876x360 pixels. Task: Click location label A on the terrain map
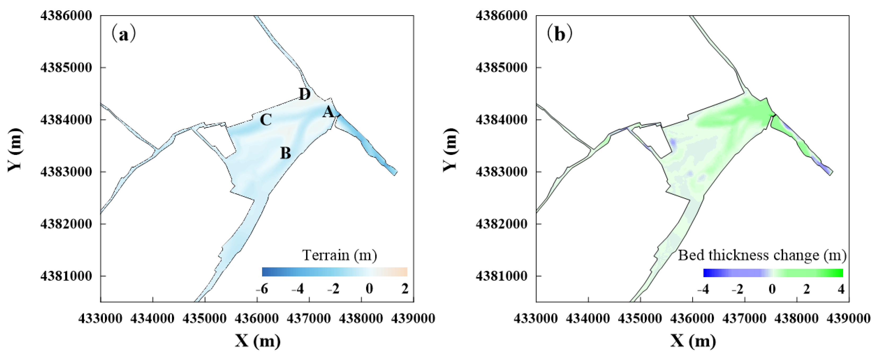tap(328, 112)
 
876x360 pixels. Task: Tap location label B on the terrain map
tap(286, 153)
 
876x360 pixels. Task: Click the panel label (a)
tap(124, 34)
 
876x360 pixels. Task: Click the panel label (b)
tap(559, 34)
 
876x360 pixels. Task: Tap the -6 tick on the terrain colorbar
tap(262, 289)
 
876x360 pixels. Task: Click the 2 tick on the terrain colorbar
tap(405, 289)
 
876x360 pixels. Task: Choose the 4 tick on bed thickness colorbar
tap(841, 289)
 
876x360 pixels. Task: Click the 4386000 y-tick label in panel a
tap(66, 16)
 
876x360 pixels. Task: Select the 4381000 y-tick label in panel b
tap(502, 276)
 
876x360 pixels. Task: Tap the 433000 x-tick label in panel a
tap(100, 318)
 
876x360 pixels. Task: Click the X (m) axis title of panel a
tap(258, 341)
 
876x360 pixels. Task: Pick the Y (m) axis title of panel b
tap(450, 150)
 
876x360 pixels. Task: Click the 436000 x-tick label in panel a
tap(257, 318)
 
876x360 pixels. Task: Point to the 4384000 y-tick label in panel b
tap(502, 120)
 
